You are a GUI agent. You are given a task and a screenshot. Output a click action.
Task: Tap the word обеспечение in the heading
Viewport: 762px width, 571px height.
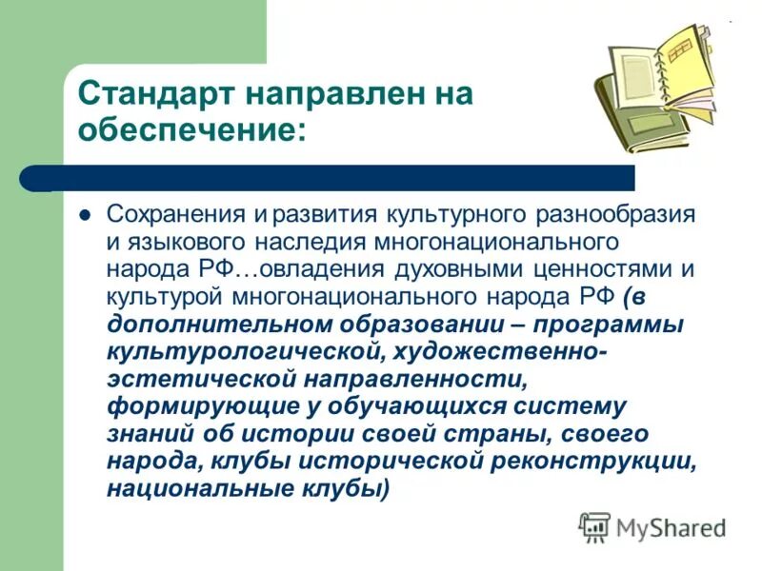click(190, 130)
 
